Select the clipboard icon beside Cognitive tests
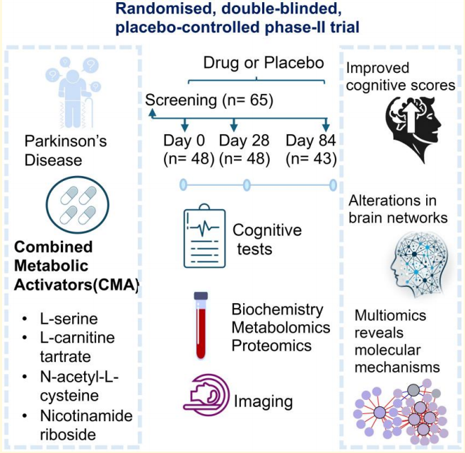(x=204, y=238)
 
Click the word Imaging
(x=263, y=402)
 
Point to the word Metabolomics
(x=281, y=327)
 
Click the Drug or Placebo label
(x=263, y=63)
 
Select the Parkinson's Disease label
(x=65, y=150)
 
